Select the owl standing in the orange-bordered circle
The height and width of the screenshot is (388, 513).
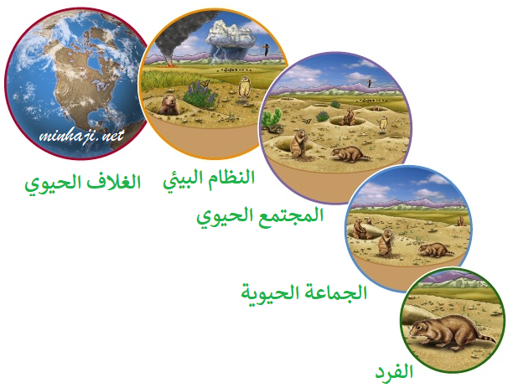pyautogui.click(x=245, y=86)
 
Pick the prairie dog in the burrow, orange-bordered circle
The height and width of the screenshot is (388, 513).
pyautogui.click(x=168, y=105)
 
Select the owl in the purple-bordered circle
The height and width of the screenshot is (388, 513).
pyautogui.click(x=382, y=124)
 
